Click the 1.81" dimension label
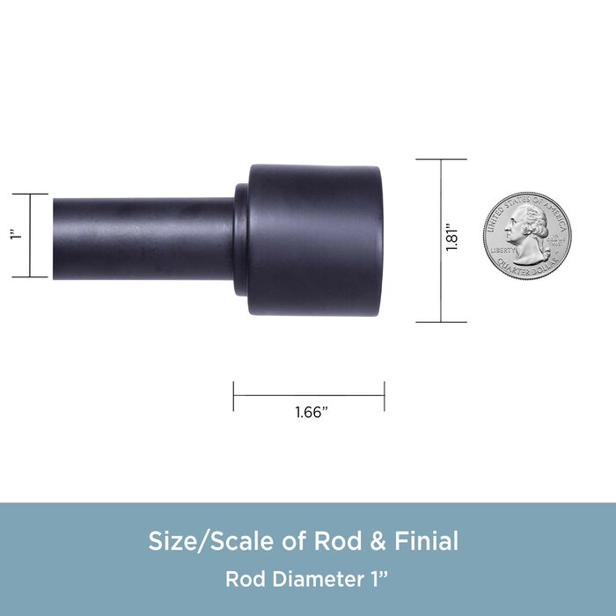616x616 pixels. click(x=451, y=238)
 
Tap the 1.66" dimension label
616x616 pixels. click(x=312, y=412)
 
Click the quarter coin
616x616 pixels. click(x=527, y=236)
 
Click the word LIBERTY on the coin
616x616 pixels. click(x=502, y=250)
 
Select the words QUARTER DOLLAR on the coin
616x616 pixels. click(x=528, y=268)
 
